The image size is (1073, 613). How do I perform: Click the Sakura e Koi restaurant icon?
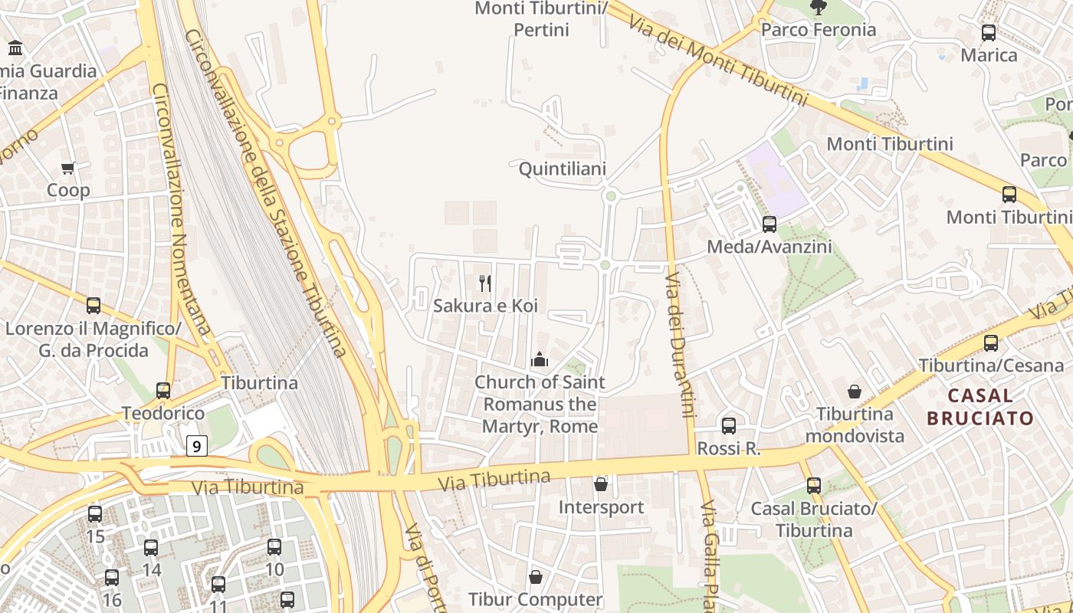coord(485,284)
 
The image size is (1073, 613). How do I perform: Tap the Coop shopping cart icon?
coord(68,168)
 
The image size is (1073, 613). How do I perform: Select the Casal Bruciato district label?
coord(980,407)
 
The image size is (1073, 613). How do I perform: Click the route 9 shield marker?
coord(197,446)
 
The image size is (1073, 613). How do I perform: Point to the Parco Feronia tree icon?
coord(819,8)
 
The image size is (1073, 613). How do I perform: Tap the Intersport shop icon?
coord(601,484)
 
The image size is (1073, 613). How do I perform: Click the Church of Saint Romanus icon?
coord(540,359)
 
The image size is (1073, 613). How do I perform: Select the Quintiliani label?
coord(563,169)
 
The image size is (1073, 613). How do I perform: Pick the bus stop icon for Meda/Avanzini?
coord(769,225)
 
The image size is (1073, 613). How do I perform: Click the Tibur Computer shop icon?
coord(536,577)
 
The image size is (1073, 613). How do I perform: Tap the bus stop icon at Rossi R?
coord(729,426)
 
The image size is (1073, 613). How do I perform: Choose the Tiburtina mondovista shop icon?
coord(855,392)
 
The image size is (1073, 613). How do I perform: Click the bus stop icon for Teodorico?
coord(163,391)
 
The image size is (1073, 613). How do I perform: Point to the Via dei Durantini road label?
coord(679,345)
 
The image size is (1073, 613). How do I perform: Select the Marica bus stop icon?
coord(989,33)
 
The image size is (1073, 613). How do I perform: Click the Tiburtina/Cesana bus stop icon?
coord(991,343)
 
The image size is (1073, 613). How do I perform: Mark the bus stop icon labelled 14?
coord(151,548)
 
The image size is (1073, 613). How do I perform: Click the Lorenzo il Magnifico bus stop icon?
coord(94,306)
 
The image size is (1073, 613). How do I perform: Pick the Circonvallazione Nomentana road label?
coord(181,207)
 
